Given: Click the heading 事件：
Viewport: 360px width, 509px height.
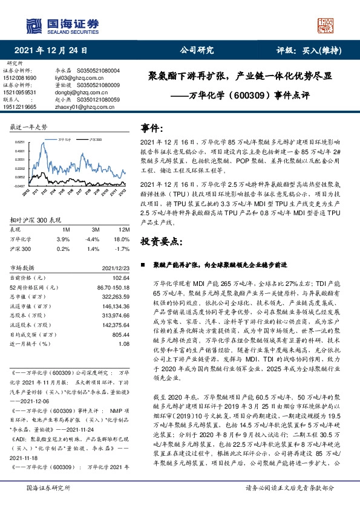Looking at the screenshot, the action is [152, 129].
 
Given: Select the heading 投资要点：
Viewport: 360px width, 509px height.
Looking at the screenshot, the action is [161, 241].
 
